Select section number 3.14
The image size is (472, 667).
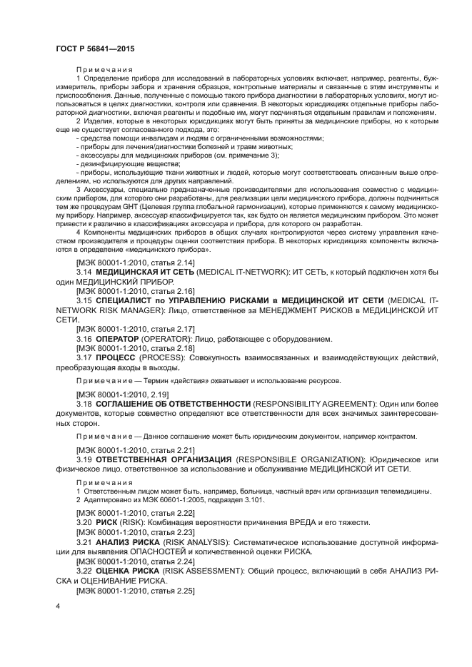tap(84, 273)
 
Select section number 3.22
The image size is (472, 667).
tap(84, 572)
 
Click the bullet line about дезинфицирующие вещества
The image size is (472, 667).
tap(123, 163)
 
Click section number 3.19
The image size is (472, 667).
tap(84, 459)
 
